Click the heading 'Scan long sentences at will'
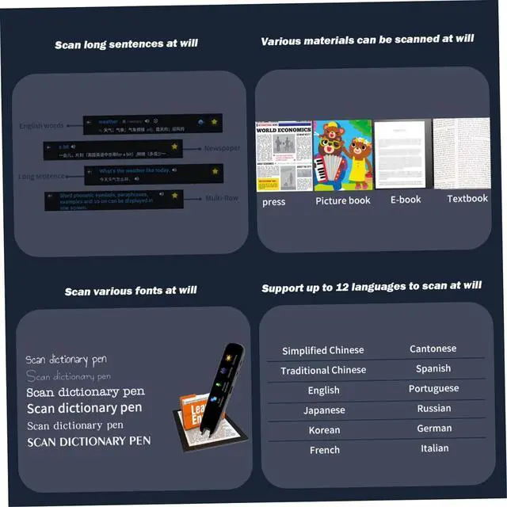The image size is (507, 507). (126, 44)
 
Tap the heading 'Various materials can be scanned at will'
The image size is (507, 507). (368, 39)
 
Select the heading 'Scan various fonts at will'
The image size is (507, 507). (131, 291)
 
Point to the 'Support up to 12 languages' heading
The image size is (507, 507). (372, 286)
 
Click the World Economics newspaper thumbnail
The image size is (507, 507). (284, 155)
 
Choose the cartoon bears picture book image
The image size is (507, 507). (342, 155)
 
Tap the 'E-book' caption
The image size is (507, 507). (405, 200)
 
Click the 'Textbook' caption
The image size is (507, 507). (467, 198)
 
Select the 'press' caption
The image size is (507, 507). (273, 202)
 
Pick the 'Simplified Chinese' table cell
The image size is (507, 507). (323, 350)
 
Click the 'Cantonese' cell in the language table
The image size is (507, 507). (433, 349)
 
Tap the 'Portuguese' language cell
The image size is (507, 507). (433, 388)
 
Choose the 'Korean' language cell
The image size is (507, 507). (324, 430)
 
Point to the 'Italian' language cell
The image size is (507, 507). (434, 448)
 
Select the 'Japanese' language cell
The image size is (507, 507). (324, 410)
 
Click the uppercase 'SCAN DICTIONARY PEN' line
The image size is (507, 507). (89, 441)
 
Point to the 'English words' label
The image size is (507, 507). (41, 126)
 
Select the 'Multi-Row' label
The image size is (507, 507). (223, 199)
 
